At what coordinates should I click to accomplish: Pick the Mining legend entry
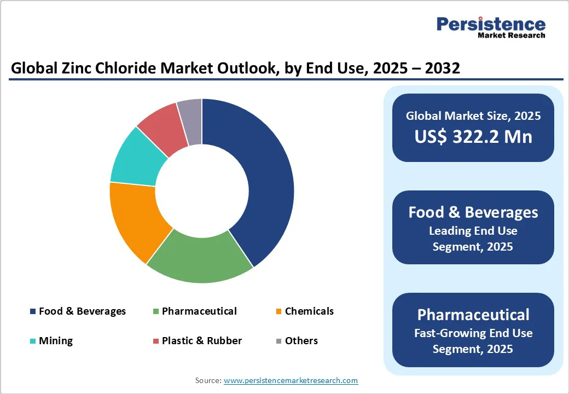pyautogui.click(x=55, y=341)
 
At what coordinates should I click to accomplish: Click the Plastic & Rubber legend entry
pyautogui.click(x=201, y=341)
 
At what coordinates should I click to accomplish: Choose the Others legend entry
pyautogui.click(x=301, y=341)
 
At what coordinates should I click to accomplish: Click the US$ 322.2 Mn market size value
pyautogui.click(x=473, y=137)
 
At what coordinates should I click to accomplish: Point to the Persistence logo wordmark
pyautogui.click(x=491, y=24)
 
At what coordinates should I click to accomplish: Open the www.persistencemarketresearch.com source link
pyautogui.click(x=291, y=380)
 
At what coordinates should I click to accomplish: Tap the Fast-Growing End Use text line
pyautogui.click(x=473, y=333)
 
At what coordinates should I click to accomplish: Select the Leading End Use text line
pyautogui.click(x=473, y=231)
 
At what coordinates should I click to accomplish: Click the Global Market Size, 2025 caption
pyautogui.click(x=473, y=116)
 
